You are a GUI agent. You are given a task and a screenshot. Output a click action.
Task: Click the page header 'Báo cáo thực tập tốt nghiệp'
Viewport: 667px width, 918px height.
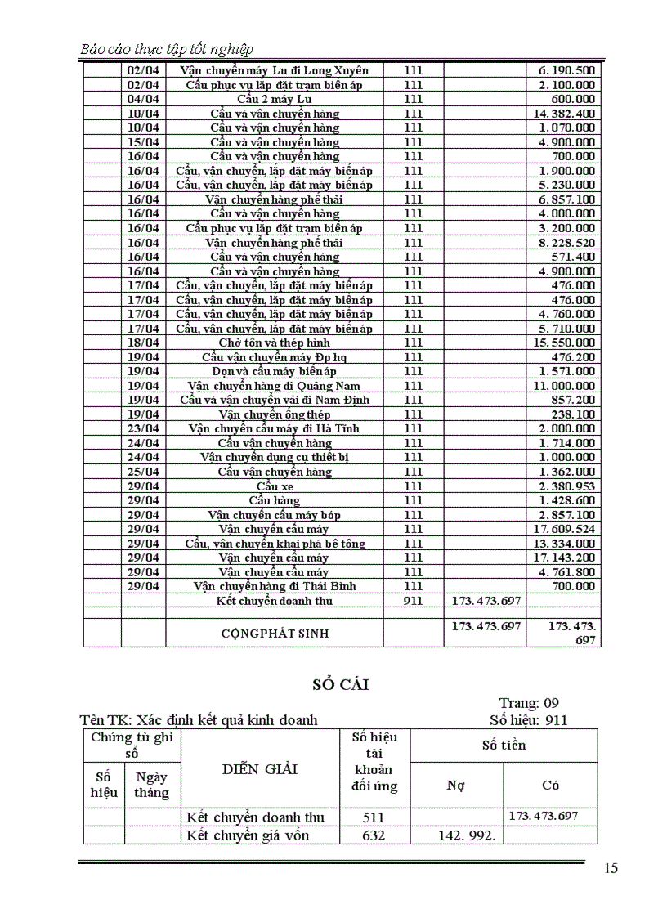click(x=167, y=49)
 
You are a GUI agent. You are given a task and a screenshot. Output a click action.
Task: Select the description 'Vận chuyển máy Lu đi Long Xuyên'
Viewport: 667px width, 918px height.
click(x=275, y=70)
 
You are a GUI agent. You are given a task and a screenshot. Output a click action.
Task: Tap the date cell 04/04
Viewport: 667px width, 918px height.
click(x=143, y=99)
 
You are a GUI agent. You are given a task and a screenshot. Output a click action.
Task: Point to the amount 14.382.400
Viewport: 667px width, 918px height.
click(x=565, y=114)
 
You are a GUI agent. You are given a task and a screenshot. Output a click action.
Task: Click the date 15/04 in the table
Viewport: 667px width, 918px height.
click(x=143, y=142)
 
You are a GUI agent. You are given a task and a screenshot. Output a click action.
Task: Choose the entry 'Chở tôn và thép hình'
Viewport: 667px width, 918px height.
click(x=275, y=343)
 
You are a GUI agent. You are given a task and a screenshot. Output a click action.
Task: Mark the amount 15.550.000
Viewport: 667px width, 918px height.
click(x=565, y=343)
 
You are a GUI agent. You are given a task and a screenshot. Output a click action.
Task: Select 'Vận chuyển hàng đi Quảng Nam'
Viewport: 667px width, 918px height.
click(x=275, y=386)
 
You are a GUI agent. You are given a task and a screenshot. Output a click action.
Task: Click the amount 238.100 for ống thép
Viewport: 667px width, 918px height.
click(x=573, y=414)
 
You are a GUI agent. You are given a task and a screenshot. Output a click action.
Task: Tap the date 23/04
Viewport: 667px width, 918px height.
click(x=143, y=428)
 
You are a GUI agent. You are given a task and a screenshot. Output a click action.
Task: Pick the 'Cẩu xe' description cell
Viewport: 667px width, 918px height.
click(x=275, y=486)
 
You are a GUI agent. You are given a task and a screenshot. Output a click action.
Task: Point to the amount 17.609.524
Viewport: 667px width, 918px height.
click(x=565, y=529)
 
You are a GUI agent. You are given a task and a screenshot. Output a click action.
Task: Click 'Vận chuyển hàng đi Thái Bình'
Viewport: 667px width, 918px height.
click(x=275, y=586)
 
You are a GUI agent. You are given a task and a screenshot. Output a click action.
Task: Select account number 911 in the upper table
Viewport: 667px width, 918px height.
click(x=413, y=601)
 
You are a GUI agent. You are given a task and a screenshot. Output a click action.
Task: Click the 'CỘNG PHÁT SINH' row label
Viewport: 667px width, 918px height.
click(x=275, y=633)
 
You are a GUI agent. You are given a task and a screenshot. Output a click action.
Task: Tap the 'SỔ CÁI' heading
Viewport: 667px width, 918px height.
click(x=340, y=685)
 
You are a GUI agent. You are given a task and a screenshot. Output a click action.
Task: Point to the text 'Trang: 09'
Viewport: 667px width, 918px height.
click(x=529, y=703)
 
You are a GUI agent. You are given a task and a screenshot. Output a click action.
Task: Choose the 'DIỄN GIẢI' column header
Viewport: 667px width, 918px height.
click(x=260, y=768)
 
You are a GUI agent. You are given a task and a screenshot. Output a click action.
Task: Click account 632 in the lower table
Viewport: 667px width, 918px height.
click(x=374, y=835)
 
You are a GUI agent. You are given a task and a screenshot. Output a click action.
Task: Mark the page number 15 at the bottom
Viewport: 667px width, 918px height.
click(x=611, y=869)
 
